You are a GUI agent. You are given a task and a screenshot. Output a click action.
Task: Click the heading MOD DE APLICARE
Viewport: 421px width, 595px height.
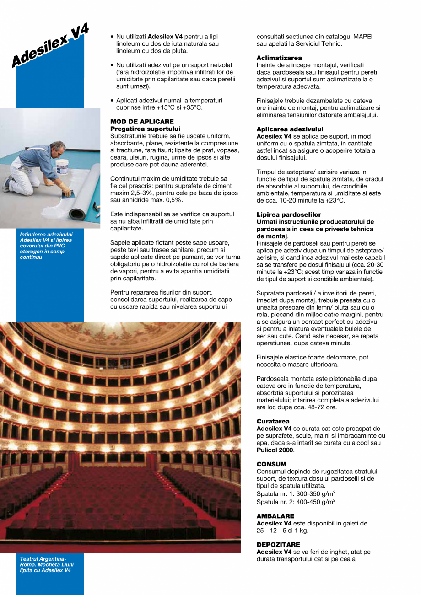[x=142, y=122]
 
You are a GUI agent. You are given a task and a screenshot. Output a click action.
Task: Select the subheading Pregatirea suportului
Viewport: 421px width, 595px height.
[x=146, y=129]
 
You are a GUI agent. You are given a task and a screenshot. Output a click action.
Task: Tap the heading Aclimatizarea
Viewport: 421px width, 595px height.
[x=279, y=58]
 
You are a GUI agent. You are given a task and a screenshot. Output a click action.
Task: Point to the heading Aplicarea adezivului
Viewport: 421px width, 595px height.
[x=290, y=129]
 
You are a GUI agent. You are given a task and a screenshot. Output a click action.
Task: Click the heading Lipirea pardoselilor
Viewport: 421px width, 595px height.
[x=289, y=214]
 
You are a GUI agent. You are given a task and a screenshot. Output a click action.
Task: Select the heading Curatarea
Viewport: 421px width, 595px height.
[x=273, y=421]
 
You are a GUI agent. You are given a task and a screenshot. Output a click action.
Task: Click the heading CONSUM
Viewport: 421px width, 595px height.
[x=271, y=464]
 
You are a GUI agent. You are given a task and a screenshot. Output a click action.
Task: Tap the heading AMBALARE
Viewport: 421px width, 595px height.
[x=275, y=516]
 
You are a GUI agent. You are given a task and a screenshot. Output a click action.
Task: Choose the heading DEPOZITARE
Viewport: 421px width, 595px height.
[x=278, y=545]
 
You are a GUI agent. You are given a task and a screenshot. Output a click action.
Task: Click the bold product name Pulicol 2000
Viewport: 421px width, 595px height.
[x=275, y=450]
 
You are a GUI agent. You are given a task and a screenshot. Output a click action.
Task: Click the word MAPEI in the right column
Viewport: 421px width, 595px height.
[x=362, y=37]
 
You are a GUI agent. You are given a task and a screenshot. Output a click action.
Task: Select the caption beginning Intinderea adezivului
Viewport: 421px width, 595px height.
[x=46, y=246]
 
